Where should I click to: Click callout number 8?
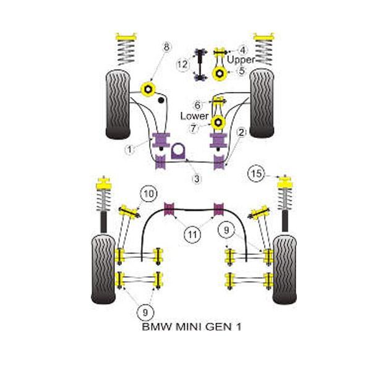click(x=166, y=46)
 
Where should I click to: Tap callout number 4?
click(x=242, y=49)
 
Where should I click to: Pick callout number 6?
click(x=197, y=104)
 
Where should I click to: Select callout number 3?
click(x=197, y=179)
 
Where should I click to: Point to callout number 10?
click(x=148, y=194)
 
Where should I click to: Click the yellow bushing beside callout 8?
click(x=148, y=88)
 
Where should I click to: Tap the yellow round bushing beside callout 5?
click(x=220, y=74)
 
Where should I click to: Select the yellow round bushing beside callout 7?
click(x=218, y=122)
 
